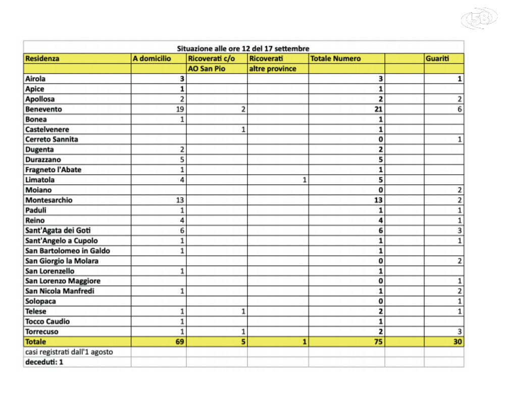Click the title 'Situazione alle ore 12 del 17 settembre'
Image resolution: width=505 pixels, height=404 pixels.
[243, 48]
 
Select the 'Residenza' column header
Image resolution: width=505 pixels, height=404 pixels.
[42, 59]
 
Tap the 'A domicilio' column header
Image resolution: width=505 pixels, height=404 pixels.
[151, 59]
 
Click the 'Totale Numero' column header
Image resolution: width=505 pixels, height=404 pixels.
[335, 59]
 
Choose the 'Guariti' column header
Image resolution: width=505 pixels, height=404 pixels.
[437, 59]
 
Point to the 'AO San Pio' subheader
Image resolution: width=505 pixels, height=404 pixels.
[207, 69]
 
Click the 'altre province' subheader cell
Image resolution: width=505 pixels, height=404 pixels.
[273, 69]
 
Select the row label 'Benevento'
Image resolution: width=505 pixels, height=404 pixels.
[43, 109]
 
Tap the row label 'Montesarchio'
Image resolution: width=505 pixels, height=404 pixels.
[49, 200]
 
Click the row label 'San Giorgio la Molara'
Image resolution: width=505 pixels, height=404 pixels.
[62, 261]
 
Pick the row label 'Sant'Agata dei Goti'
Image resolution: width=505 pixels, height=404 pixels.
[58, 230]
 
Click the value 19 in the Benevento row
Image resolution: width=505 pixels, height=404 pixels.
[180, 109]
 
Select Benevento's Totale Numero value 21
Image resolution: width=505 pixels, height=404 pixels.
[378, 109]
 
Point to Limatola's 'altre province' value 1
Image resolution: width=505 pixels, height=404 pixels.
[305, 180]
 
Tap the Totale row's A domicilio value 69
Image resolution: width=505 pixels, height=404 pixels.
[179, 342]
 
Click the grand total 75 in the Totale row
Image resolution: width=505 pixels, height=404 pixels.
[378, 342]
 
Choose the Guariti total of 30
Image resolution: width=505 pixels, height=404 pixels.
[458, 342]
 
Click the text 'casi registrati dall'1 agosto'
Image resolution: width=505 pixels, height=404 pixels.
[69, 351]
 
